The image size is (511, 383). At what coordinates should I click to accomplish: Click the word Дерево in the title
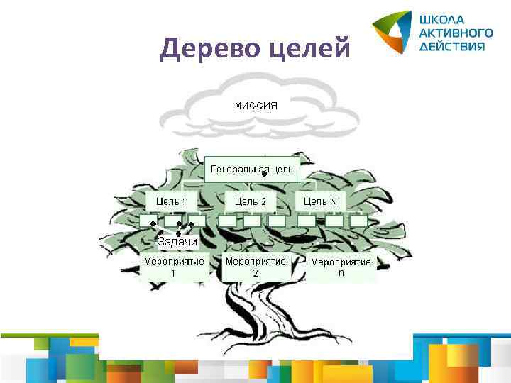[x=205, y=49]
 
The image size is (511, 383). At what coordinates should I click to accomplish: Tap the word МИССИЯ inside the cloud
[x=255, y=106]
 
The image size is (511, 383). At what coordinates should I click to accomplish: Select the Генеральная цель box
[x=251, y=169]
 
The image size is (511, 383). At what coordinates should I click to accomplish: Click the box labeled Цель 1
[x=172, y=201]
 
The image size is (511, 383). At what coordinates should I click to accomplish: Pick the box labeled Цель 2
[x=251, y=201]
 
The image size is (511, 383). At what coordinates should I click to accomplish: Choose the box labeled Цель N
[x=321, y=201]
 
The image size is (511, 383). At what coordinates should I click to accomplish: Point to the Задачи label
[x=177, y=242]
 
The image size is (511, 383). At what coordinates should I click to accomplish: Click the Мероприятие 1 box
[x=174, y=266]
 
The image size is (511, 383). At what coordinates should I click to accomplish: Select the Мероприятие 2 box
[x=255, y=266]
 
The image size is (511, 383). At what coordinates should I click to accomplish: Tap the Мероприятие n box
[x=341, y=267]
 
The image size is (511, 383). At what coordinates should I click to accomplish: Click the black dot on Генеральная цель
[x=263, y=174]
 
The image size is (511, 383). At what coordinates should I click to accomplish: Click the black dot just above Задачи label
[x=178, y=233]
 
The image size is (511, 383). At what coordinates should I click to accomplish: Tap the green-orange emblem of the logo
[x=392, y=32]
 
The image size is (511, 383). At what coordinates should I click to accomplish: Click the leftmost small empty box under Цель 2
[x=227, y=221]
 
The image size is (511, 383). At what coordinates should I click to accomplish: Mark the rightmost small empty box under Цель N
[x=358, y=221]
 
